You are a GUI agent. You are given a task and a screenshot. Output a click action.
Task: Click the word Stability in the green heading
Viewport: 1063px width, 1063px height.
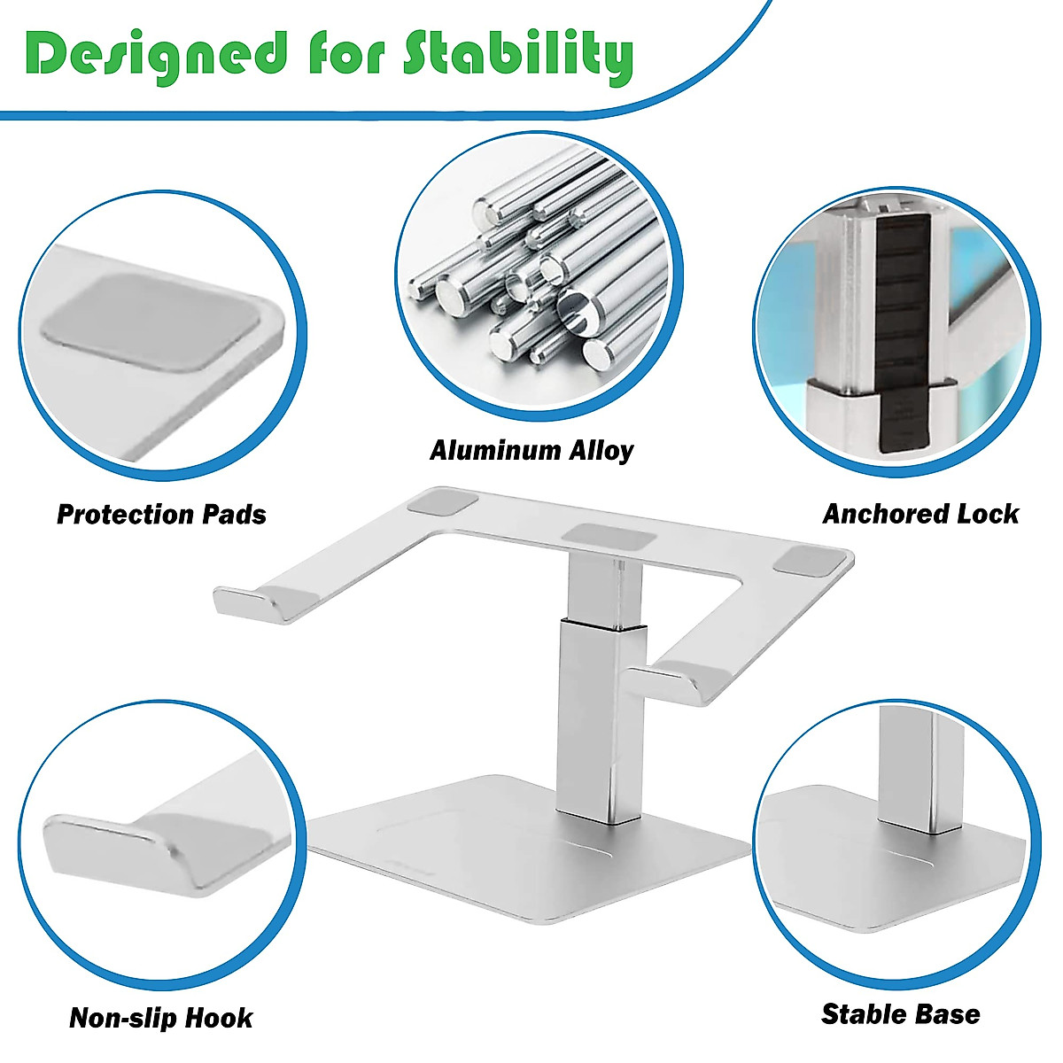pos(518,55)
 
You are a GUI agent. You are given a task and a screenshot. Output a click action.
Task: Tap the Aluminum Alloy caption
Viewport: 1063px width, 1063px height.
pos(531,451)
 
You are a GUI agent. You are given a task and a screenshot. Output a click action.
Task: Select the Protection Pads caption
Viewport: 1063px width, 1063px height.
pos(161,515)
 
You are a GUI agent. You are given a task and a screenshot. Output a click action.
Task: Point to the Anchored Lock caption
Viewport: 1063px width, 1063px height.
pos(920,514)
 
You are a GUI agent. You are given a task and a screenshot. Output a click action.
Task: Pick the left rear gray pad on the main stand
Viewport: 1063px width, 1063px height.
pos(442,506)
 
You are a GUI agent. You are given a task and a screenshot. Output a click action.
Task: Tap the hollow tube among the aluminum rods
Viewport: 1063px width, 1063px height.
pos(576,310)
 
